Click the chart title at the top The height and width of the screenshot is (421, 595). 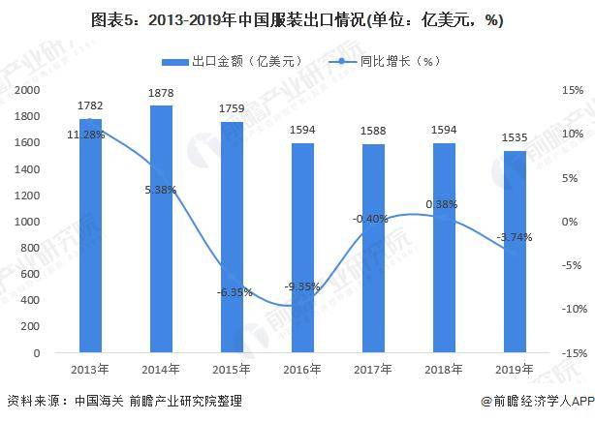click(x=297, y=19)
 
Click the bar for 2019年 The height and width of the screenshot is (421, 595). click(x=515, y=253)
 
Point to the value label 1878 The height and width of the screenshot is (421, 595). click(x=162, y=95)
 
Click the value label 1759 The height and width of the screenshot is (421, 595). click(x=233, y=111)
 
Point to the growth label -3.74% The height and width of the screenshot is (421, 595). click(x=513, y=237)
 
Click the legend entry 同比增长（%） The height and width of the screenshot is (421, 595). click(x=377, y=61)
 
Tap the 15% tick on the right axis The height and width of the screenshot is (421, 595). click(x=572, y=90)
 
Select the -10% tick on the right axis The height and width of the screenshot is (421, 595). click(x=570, y=310)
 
